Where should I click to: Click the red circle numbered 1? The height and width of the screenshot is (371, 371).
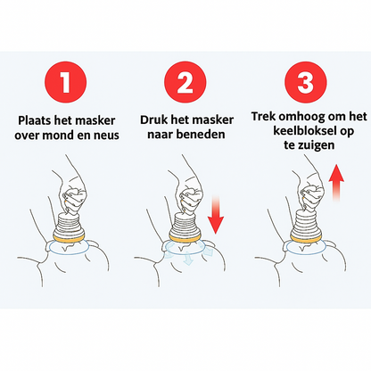click(66, 82)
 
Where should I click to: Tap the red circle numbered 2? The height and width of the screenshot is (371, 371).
click(185, 82)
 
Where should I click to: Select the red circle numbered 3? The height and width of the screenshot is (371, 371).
click(306, 82)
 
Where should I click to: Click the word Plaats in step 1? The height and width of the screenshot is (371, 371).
click(35, 120)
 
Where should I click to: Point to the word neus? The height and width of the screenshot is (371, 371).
click(106, 136)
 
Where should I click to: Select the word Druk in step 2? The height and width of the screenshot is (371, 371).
click(153, 120)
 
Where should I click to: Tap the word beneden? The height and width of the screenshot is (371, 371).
click(200, 135)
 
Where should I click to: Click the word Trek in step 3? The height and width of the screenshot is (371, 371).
click(263, 116)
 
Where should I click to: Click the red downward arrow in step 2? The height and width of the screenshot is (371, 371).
click(216, 215)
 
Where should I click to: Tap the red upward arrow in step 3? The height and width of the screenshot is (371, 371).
click(336, 183)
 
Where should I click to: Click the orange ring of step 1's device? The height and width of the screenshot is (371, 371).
click(69, 237)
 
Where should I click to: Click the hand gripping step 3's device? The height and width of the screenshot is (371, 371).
click(310, 190)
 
